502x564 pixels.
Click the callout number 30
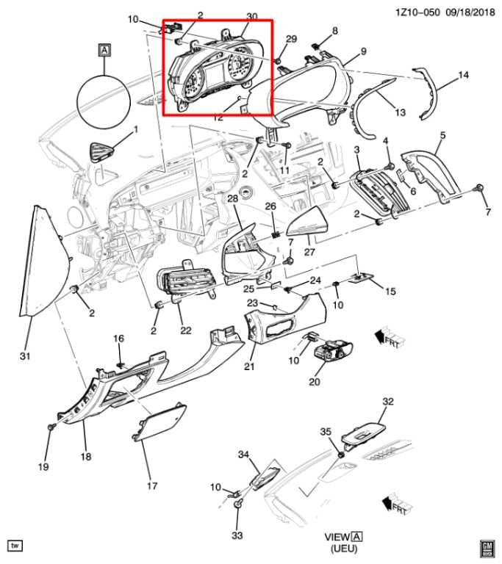(252, 17)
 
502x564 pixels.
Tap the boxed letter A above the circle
(104, 50)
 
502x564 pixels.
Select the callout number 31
(25, 356)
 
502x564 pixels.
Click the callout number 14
(463, 75)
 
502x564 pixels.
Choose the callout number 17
(152, 485)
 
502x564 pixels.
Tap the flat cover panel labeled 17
(159, 422)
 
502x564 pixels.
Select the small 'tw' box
(15, 546)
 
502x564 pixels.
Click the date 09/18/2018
(470, 12)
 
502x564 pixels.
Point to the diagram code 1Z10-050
(417, 12)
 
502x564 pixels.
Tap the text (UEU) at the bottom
(344, 549)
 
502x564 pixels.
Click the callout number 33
(237, 535)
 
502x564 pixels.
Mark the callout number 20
(315, 381)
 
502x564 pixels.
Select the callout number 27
(309, 252)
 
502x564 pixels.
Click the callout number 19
(43, 466)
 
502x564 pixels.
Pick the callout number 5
(442, 135)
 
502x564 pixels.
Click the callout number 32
(388, 401)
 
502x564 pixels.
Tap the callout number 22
(186, 330)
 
